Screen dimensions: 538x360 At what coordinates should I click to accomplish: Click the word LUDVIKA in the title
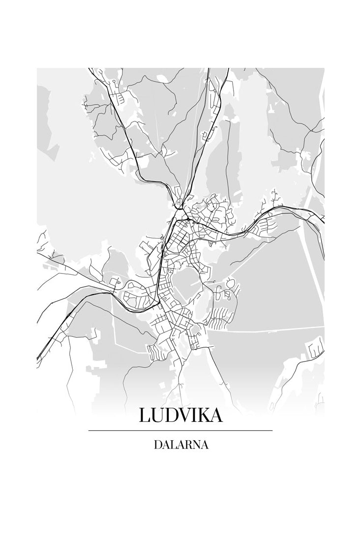point(180,416)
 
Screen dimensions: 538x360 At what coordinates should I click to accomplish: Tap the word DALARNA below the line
point(180,445)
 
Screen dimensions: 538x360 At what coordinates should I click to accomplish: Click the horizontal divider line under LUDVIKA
point(180,430)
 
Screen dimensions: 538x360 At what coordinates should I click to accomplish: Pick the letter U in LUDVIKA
point(157,416)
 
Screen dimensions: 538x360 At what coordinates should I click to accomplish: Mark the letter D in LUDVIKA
point(171,416)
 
